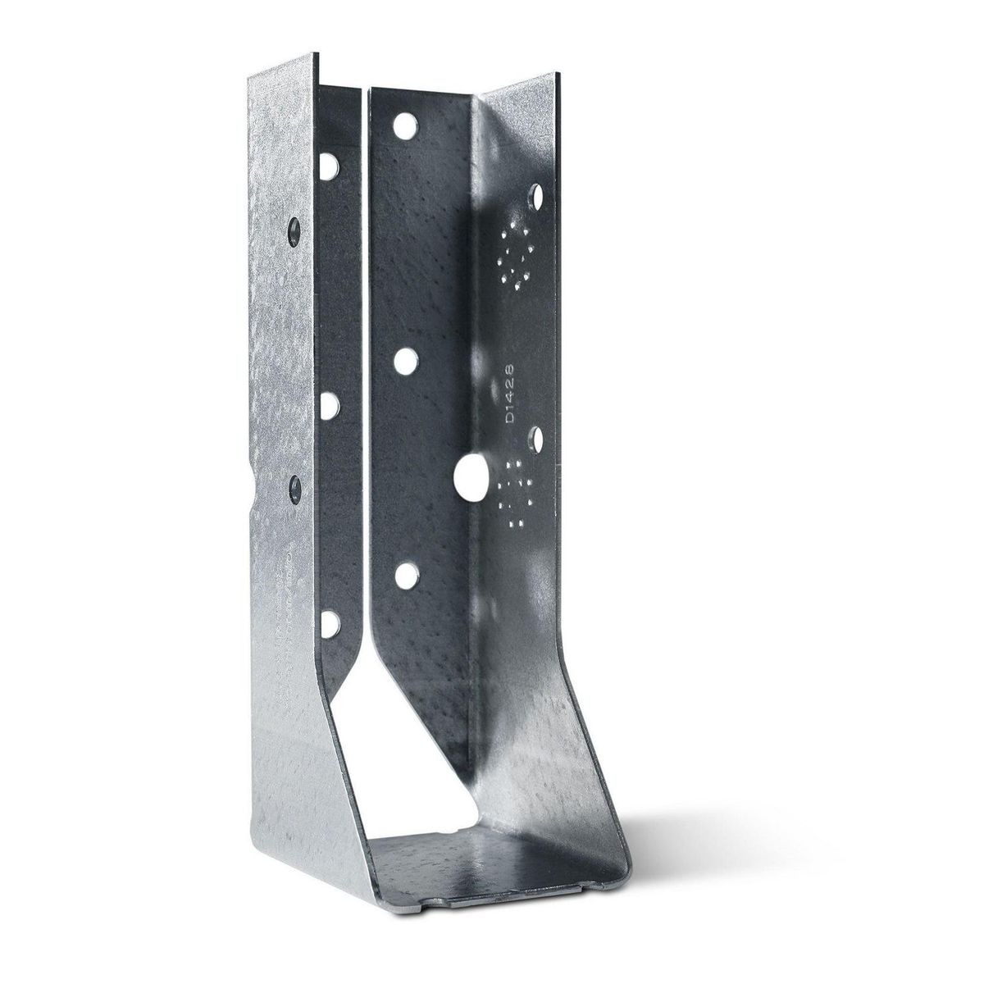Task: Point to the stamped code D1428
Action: point(510,394)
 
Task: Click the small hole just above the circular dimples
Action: point(537,197)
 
